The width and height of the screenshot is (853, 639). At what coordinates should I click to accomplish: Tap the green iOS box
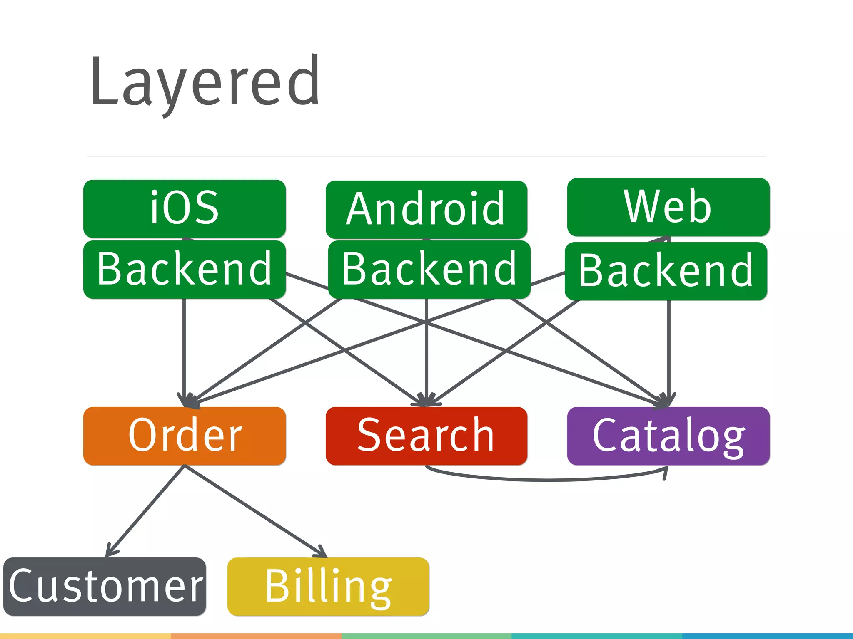185,208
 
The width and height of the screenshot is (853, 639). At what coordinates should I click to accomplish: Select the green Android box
426,209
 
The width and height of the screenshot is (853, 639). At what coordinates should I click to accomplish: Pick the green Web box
668,207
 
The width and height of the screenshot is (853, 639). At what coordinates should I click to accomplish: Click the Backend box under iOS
185,269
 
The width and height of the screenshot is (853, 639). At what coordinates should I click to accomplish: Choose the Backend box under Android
429,269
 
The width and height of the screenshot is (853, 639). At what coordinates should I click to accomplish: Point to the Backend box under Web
666,271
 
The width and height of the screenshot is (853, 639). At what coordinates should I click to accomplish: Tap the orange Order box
185,436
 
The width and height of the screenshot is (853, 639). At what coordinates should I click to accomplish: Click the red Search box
426,436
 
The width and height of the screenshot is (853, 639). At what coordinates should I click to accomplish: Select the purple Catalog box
668,436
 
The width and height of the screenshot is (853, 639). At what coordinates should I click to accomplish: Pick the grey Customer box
105,586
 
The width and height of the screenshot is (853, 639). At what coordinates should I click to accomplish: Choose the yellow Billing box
328,586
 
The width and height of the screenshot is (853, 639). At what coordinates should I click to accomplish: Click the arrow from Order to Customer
146,510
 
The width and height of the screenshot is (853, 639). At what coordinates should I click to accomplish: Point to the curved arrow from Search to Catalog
546,480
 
